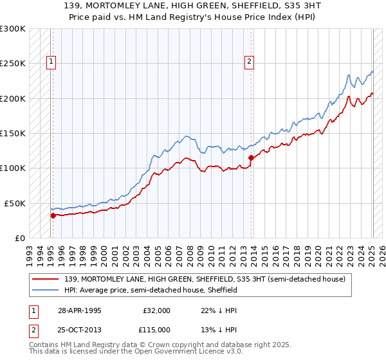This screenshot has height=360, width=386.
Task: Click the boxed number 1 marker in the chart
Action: [51, 62]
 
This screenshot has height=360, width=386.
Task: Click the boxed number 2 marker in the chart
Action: [248, 62]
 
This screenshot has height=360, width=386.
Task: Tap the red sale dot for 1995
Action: [53, 216]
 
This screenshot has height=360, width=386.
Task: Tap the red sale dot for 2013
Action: [251, 157]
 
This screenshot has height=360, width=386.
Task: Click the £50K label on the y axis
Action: [14, 203]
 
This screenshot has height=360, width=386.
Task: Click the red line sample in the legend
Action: [46, 279]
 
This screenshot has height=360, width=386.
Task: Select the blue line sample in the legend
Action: [46, 291]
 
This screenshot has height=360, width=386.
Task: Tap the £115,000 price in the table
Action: [156, 329]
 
